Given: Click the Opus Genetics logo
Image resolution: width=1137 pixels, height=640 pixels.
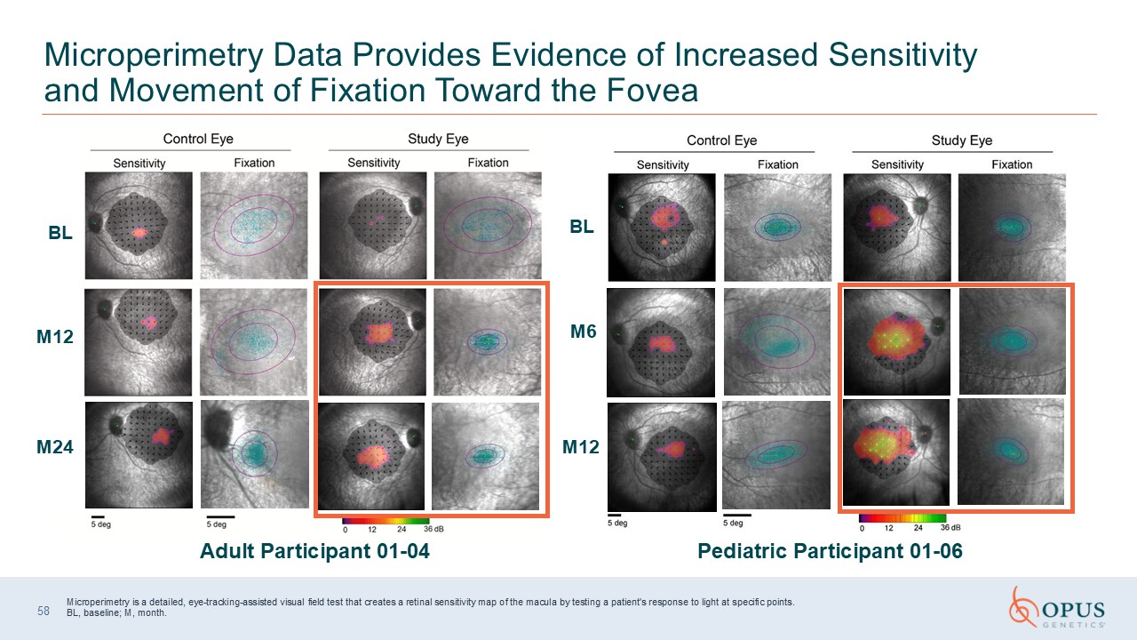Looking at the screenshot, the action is [x=1057, y=607].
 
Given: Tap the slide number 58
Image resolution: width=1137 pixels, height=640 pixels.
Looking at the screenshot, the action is [x=44, y=611].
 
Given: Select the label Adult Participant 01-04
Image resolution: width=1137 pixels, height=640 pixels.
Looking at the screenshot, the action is [x=314, y=551].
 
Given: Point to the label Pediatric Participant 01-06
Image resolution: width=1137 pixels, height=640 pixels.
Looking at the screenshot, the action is [x=830, y=551].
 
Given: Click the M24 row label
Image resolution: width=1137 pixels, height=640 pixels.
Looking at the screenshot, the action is [x=55, y=447].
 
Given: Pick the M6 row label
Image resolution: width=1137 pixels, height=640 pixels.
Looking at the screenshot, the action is [x=584, y=332].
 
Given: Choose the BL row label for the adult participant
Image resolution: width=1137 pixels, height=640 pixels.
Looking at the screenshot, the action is [x=60, y=233].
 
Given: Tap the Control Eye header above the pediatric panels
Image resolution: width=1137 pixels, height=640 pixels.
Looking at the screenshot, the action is [x=722, y=140].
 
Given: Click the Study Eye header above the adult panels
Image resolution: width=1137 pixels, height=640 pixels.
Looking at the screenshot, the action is [x=438, y=139].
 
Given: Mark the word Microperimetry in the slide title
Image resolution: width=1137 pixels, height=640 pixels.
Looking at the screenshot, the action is [x=154, y=55].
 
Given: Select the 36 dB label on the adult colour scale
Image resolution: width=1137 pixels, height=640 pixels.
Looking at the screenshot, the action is [x=434, y=529].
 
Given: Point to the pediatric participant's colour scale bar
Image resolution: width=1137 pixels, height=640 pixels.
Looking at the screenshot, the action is [x=902, y=518].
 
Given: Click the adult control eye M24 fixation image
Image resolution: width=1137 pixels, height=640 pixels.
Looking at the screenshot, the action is [x=255, y=454].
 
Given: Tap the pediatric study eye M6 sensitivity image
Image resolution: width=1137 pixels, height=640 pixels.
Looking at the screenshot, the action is [x=897, y=342].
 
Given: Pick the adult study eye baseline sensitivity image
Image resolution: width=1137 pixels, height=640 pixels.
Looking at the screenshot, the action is [x=373, y=226].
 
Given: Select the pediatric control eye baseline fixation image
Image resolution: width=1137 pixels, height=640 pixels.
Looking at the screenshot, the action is [x=777, y=228].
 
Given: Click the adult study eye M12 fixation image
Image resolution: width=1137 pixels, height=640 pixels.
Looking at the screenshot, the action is [x=488, y=342].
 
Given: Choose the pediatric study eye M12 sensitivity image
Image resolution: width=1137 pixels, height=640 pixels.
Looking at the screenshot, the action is [x=896, y=452].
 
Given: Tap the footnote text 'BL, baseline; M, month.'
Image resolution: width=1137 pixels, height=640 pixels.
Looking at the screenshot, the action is [x=116, y=612].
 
